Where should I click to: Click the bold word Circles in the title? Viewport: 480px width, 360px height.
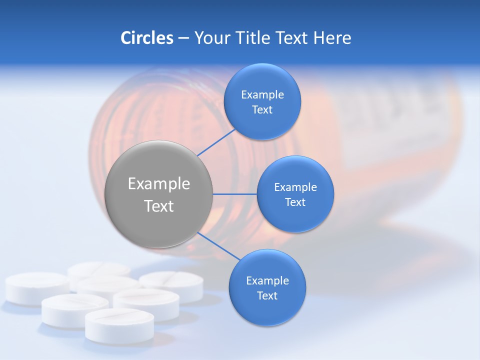146,38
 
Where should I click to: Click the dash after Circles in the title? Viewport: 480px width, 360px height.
183,38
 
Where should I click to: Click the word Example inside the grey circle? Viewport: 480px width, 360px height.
158,184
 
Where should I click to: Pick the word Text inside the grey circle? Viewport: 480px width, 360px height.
158,206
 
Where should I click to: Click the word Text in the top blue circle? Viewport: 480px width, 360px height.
262,110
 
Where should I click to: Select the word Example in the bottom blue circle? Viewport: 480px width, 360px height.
267,280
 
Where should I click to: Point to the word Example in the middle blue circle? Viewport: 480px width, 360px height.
295,187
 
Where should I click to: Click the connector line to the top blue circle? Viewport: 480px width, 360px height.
216,142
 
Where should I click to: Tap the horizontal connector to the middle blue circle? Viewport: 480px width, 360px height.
234,194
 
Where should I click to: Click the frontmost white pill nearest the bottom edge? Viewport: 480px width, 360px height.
119,325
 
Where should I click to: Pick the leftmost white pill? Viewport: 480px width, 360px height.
36,287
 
